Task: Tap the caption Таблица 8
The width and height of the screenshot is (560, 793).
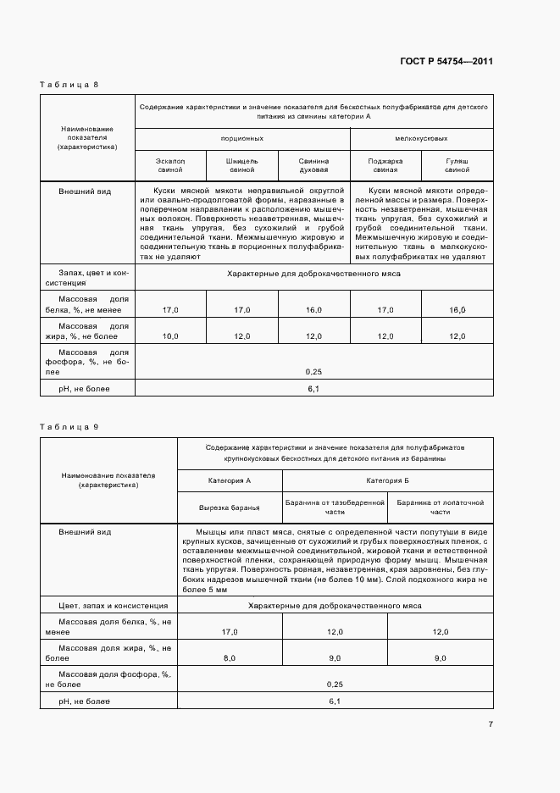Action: [70, 85]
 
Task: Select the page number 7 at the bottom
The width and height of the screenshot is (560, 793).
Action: [491, 724]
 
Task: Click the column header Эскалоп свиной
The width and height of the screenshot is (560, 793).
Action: [170, 165]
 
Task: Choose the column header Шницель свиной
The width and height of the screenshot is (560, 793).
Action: [241, 165]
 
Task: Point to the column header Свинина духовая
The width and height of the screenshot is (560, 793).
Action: [313, 165]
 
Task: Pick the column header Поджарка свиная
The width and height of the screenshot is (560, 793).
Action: [385, 165]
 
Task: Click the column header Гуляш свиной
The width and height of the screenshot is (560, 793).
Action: [457, 165]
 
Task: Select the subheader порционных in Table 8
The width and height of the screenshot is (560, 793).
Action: [241, 137]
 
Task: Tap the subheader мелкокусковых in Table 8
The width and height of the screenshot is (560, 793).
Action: [421, 137]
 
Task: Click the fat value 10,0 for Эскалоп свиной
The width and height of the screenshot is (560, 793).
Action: [170, 336]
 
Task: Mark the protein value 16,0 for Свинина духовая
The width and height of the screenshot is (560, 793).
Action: [313, 311]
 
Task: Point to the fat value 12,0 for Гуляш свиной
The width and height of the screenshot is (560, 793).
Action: [457, 336]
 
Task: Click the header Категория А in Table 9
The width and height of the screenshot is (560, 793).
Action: [230, 480]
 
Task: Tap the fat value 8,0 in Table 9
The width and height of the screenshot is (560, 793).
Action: [230, 658]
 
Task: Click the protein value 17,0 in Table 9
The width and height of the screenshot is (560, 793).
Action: [230, 632]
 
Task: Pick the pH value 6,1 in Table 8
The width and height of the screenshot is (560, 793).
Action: [313, 388]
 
